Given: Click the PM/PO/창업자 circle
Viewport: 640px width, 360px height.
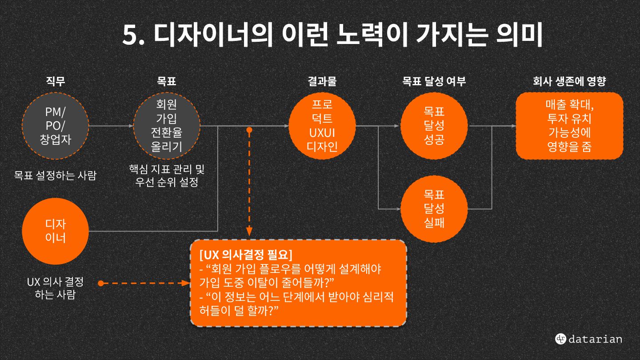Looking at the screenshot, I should (x=56, y=126).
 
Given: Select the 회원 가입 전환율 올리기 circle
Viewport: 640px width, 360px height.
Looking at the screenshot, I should (x=167, y=126).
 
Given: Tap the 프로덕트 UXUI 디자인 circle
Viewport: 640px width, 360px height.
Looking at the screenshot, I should (x=322, y=126).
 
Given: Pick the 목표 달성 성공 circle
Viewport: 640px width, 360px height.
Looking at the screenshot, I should (x=434, y=126).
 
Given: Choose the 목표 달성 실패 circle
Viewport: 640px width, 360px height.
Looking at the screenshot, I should (x=434, y=208).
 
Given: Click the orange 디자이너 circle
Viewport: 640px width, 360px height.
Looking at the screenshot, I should (x=56, y=231).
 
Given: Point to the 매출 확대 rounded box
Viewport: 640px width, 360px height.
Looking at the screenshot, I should (x=569, y=126).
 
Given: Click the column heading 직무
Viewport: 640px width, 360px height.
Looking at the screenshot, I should (x=56, y=81).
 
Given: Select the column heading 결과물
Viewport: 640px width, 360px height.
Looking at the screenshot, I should (x=322, y=81).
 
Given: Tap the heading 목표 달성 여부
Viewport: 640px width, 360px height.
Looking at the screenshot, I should (x=434, y=81).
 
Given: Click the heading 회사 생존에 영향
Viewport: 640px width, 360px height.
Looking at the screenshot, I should (x=569, y=81).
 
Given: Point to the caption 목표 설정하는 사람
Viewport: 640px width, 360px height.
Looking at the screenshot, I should (x=55, y=175).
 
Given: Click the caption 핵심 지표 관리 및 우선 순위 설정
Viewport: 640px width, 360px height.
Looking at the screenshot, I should (x=167, y=176).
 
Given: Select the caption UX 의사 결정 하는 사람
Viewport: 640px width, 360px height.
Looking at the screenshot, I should (x=55, y=288).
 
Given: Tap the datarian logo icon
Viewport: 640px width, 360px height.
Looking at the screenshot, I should (x=560, y=339).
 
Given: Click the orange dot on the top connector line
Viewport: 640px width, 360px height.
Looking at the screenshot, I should (x=249, y=130).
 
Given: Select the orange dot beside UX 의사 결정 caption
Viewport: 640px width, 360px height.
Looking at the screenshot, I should (x=101, y=283).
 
